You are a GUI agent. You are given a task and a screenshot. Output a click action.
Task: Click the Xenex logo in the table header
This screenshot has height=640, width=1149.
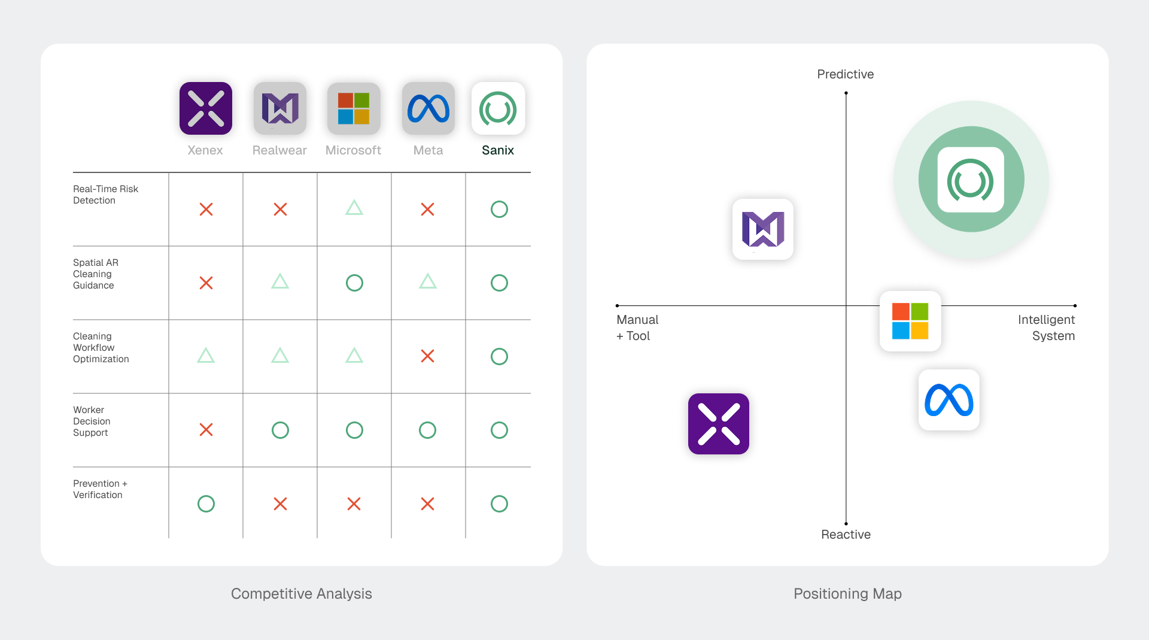(x=206, y=108)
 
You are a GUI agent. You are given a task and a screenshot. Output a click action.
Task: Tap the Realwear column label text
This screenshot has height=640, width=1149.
(x=279, y=150)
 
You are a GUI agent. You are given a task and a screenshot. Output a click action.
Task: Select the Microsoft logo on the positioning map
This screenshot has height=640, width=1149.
(x=910, y=321)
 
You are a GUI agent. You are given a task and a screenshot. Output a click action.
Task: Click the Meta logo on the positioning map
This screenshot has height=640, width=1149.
(x=949, y=400)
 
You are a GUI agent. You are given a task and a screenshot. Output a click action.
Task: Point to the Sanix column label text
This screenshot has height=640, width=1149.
(x=498, y=150)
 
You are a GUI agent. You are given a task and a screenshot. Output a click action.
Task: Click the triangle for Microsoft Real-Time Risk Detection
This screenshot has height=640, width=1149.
(x=354, y=208)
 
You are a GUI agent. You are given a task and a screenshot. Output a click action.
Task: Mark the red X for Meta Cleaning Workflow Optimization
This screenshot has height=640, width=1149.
(x=427, y=356)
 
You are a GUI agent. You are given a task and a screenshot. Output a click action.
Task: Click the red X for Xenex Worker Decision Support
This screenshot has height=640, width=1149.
(x=206, y=430)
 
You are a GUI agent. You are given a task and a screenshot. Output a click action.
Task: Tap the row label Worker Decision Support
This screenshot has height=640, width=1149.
(x=92, y=421)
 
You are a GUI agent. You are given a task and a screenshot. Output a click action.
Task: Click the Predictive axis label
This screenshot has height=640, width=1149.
(x=846, y=74)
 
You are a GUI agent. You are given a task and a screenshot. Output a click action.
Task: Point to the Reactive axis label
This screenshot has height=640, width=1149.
(x=846, y=535)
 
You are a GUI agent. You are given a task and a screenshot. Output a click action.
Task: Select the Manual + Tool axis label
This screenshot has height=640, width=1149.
(x=637, y=327)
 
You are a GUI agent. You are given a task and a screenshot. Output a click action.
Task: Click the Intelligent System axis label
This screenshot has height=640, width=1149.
(x=1046, y=327)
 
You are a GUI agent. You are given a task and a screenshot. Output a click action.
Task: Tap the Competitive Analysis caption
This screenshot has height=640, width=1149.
(x=302, y=593)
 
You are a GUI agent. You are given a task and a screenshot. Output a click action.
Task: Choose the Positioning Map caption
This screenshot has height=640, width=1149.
(x=847, y=593)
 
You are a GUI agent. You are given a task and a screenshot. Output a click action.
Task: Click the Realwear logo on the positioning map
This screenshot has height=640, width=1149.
(x=763, y=229)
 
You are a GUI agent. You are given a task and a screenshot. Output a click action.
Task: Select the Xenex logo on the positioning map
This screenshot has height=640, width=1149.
(x=719, y=424)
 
